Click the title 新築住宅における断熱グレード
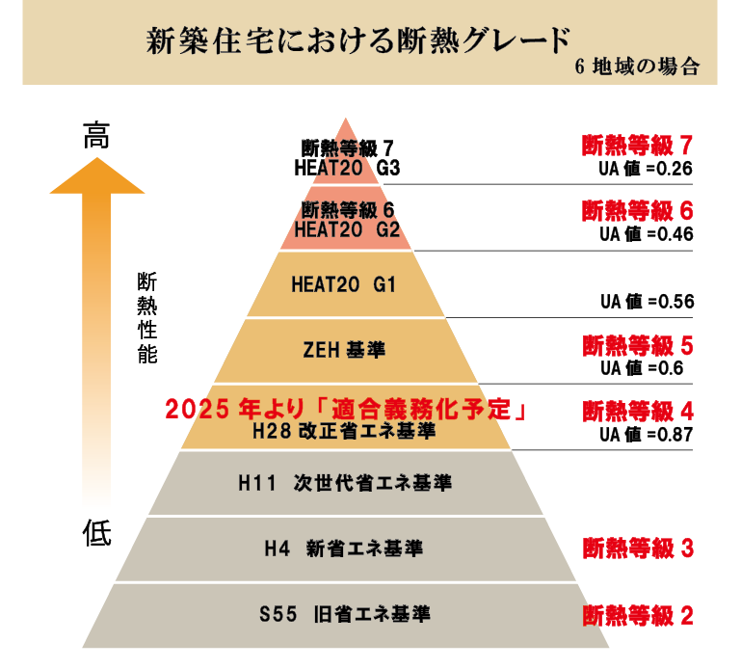pos(358,40)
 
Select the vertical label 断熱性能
pos(147,317)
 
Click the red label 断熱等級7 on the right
pos(637,146)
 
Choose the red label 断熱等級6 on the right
pos(637,210)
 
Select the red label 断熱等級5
pos(637,345)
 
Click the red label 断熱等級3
pos(637,549)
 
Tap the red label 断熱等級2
pos(637,615)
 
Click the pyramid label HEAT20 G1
pos(343,284)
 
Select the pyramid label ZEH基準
pos(344,350)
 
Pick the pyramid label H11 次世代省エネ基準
pos(344,482)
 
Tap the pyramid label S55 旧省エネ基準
pos(344,613)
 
